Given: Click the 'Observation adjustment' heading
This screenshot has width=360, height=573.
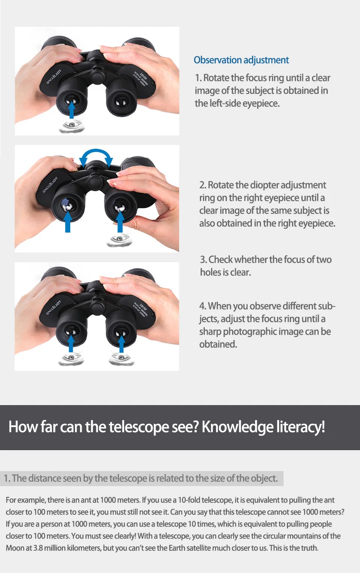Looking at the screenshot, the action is [241, 60].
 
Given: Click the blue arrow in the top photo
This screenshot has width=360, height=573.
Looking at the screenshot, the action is [72, 109].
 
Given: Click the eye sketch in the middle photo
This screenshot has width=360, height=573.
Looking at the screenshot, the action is [119, 240].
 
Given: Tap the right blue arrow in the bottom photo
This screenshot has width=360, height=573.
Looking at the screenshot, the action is [121, 344].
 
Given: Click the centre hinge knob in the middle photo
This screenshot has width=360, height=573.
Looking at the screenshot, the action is [95, 182].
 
